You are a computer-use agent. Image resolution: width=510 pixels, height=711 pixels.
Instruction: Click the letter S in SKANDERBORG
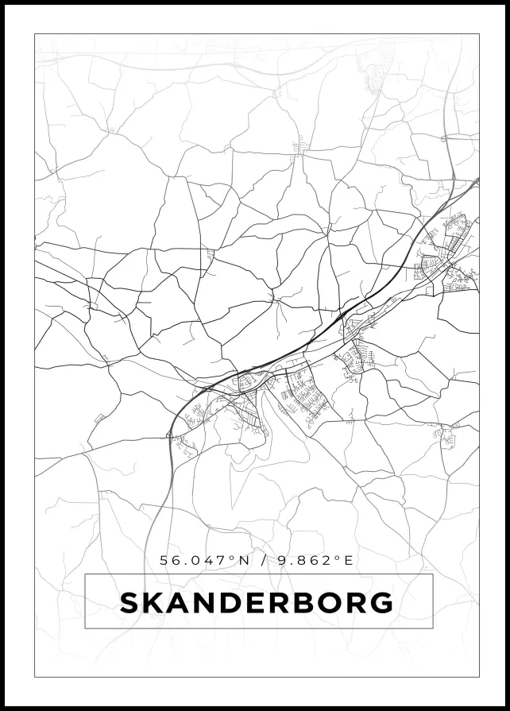(129, 603)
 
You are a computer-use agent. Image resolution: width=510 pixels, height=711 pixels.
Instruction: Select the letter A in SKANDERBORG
(180, 603)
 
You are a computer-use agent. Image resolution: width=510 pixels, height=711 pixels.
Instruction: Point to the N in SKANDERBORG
(207, 603)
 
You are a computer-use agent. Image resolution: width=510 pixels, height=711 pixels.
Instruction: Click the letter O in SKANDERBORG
(331, 603)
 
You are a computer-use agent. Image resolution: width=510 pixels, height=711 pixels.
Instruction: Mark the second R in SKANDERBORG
(357, 603)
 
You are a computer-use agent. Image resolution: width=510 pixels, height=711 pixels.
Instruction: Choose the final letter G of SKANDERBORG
(382, 603)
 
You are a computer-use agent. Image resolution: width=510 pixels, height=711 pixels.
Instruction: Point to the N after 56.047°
(245, 560)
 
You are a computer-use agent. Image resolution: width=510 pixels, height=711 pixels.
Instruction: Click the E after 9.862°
(347, 560)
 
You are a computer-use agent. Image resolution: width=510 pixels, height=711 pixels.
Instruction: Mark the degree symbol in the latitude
(234, 557)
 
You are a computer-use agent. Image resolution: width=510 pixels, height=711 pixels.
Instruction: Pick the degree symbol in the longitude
(337, 557)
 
